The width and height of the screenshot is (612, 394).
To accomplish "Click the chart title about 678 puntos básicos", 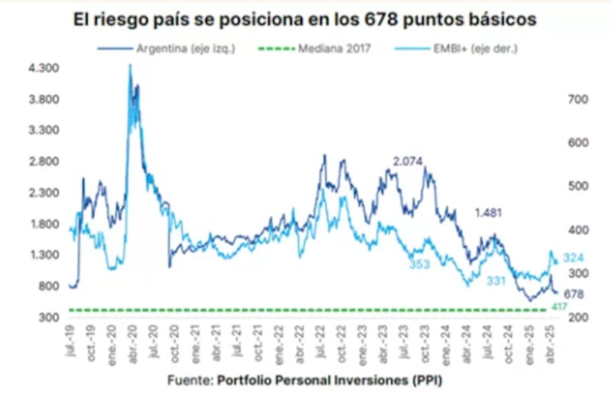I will [305, 18].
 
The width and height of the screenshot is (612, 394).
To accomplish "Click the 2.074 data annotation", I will [408, 161].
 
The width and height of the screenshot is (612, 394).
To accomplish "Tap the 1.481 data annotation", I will [490, 213].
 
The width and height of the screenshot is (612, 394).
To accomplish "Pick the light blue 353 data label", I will [418, 264].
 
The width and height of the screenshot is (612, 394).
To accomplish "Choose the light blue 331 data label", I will [496, 282].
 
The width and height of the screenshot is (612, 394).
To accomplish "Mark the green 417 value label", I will [558, 307].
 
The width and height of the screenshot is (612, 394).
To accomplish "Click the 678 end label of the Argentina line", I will [574, 294].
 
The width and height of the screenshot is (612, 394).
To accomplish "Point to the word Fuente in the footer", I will [190, 379].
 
